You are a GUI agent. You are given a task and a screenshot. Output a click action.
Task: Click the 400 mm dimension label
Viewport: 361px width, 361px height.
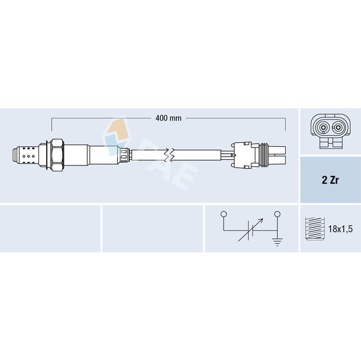[168, 118]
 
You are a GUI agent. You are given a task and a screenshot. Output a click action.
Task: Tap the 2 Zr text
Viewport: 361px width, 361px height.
[331, 180]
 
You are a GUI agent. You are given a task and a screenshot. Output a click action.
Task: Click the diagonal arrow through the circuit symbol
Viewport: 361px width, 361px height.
[251, 229]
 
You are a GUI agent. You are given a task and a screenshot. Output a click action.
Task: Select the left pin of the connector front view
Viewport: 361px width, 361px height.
[322, 128]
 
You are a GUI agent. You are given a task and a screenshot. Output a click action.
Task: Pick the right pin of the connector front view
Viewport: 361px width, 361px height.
[338, 128]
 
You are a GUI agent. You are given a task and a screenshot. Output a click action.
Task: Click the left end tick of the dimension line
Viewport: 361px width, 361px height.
[52, 124]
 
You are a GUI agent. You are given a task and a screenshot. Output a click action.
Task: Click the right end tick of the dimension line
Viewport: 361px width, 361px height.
[285, 124]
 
